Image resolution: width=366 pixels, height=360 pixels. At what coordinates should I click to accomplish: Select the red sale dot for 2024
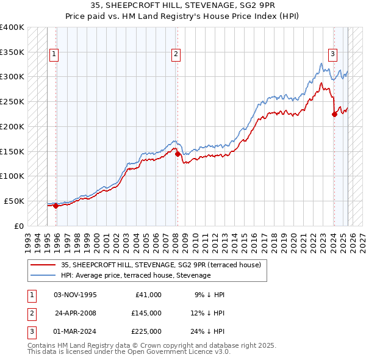pyautogui.click(x=334, y=113)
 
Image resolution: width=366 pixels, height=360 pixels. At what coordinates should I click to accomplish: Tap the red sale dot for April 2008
pyautogui.click(x=178, y=154)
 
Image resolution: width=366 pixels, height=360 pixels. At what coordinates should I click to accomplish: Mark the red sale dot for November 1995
pyautogui.click(x=56, y=206)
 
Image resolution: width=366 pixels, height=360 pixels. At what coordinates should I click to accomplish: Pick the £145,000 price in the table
pyautogui.click(x=146, y=313)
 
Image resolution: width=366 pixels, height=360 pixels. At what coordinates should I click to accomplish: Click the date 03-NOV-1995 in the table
pyautogui.click(x=76, y=295)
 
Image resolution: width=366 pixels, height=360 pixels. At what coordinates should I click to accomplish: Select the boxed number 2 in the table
pyautogui.click(x=31, y=313)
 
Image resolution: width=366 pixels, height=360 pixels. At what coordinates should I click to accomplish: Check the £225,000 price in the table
pyautogui.click(x=146, y=331)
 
